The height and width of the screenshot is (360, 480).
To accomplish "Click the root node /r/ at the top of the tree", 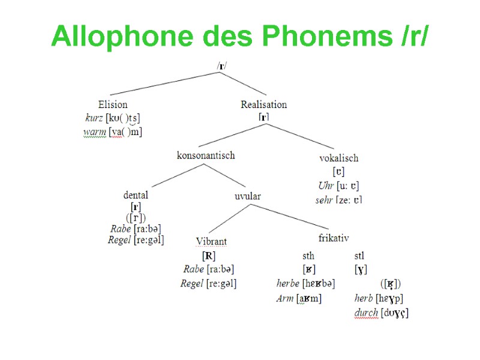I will (x=222, y=65).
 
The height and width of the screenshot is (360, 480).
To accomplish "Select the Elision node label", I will (x=113, y=104).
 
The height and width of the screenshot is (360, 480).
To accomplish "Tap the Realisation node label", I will (x=263, y=104).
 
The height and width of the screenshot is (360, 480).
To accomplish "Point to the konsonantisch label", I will (x=205, y=155).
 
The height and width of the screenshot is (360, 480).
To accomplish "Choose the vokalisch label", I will (x=338, y=158).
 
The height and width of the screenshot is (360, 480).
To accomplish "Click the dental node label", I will (x=136, y=195).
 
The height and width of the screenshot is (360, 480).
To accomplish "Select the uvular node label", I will (x=247, y=196).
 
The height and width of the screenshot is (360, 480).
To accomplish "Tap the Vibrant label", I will (x=211, y=242).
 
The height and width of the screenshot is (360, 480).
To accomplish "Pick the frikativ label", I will (x=334, y=238).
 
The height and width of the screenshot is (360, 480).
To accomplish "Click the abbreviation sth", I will (x=308, y=256).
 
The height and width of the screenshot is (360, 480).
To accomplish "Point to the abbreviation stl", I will (x=359, y=256).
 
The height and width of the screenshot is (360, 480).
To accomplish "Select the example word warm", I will (x=94, y=131).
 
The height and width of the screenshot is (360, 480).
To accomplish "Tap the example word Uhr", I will (x=326, y=185).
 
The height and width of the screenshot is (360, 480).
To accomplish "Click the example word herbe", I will (x=288, y=283).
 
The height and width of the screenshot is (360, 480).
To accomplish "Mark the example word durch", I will (x=366, y=313).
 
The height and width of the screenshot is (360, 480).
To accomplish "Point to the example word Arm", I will (x=284, y=298).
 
